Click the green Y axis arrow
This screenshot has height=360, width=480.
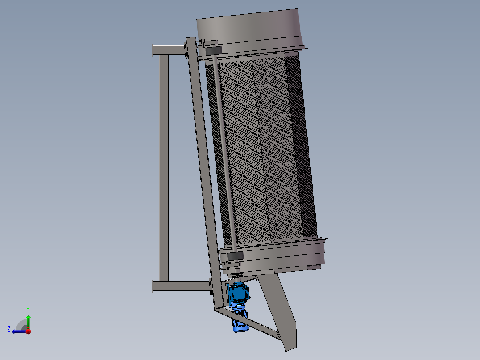pyautogui.click(x=28, y=320)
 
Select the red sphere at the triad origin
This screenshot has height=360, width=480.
pyautogui.click(x=28, y=331)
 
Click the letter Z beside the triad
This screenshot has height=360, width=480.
pyautogui.click(x=9, y=329)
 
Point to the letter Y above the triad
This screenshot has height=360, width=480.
pyautogui.click(x=28, y=309)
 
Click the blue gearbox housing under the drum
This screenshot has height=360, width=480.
pyautogui.click(x=239, y=293)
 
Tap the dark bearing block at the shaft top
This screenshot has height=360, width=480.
pyautogui.click(x=213, y=51)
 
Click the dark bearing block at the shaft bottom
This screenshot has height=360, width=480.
pyautogui.click(x=235, y=256)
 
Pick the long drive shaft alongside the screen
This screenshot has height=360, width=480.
pyautogui.click(x=224, y=151)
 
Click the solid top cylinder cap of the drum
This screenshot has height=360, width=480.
pyautogui.click(x=249, y=29)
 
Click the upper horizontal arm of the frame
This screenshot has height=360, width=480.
pyautogui.click(x=169, y=49)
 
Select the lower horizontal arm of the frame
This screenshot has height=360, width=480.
pyautogui.click(x=180, y=286)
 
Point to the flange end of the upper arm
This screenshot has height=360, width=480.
pyautogui.click(x=153, y=50)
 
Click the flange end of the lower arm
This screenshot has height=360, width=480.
pyautogui.click(x=153, y=286)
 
